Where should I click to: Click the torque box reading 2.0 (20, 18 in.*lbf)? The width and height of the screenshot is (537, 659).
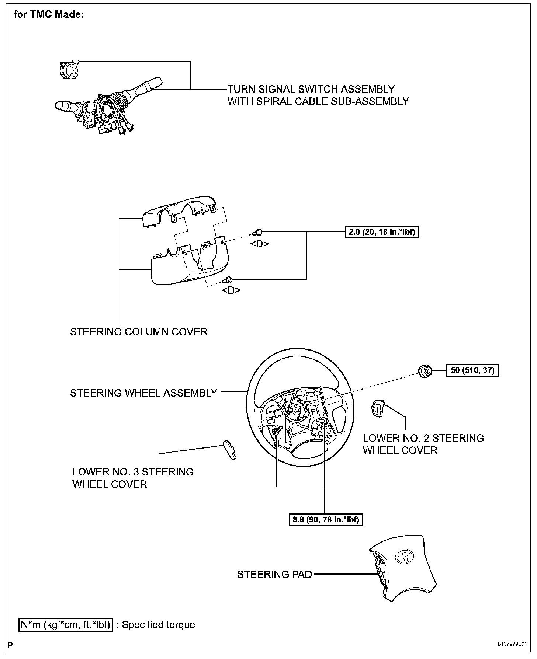(x=382, y=232)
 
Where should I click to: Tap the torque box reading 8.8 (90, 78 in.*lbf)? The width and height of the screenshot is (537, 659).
(x=326, y=520)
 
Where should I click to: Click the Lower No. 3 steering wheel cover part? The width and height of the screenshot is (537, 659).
(x=229, y=450)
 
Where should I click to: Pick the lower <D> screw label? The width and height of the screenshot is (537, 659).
(x=231, y=290)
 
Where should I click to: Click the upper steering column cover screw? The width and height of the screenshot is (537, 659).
(x=258, y=233)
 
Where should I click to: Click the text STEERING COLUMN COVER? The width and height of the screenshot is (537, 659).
(x=139, y=332)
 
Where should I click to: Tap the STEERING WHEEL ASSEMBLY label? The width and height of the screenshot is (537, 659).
(x=143, y=393)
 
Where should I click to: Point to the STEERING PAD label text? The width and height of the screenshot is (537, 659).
(x=274, y=574)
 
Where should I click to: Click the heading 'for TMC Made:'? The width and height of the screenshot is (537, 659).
(x=49, y=15)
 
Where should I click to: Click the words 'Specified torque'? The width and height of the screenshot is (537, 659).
(x=159, y=625)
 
